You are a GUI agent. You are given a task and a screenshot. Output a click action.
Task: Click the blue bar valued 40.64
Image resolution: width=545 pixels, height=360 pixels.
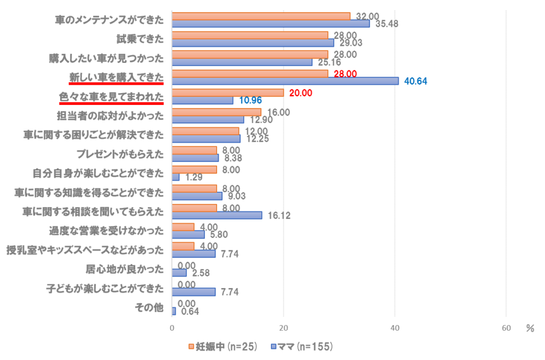coord(285,81)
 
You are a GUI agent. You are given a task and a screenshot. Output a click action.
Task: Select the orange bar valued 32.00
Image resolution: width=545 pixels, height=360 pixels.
coord(261,16)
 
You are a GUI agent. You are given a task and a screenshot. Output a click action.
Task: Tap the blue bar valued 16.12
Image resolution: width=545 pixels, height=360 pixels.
coord(217,215)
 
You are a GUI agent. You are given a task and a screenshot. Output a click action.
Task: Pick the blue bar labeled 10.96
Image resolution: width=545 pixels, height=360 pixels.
coord(202,100)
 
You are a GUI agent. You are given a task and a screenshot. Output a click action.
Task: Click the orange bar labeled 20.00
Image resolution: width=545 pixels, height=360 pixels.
coord(227,93)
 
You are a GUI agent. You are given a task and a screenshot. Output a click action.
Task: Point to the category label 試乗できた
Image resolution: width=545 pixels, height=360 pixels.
coord(140,39)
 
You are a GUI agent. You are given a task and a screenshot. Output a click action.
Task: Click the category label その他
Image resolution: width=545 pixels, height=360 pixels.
coord(151,308)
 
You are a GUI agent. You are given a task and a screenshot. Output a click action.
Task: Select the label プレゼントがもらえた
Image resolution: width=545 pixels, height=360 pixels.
coord(120,154)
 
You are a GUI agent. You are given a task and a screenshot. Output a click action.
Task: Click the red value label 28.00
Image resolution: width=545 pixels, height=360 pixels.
coord(345,73)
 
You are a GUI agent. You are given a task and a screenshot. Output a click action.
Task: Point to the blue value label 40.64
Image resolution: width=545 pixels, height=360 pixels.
coord(416,81)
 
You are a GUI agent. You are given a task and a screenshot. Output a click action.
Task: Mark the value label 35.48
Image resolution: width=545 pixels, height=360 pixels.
coord(387,24)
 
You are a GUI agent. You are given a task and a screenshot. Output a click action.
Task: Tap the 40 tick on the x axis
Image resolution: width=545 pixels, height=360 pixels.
coord(394,329)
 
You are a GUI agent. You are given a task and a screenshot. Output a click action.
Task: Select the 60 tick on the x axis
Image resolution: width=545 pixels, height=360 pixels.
coord(506,329)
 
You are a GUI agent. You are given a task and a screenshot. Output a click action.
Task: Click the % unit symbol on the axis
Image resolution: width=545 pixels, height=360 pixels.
coord(530,328)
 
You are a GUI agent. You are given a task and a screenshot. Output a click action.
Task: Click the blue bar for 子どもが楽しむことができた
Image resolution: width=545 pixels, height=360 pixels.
coord(194,292)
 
